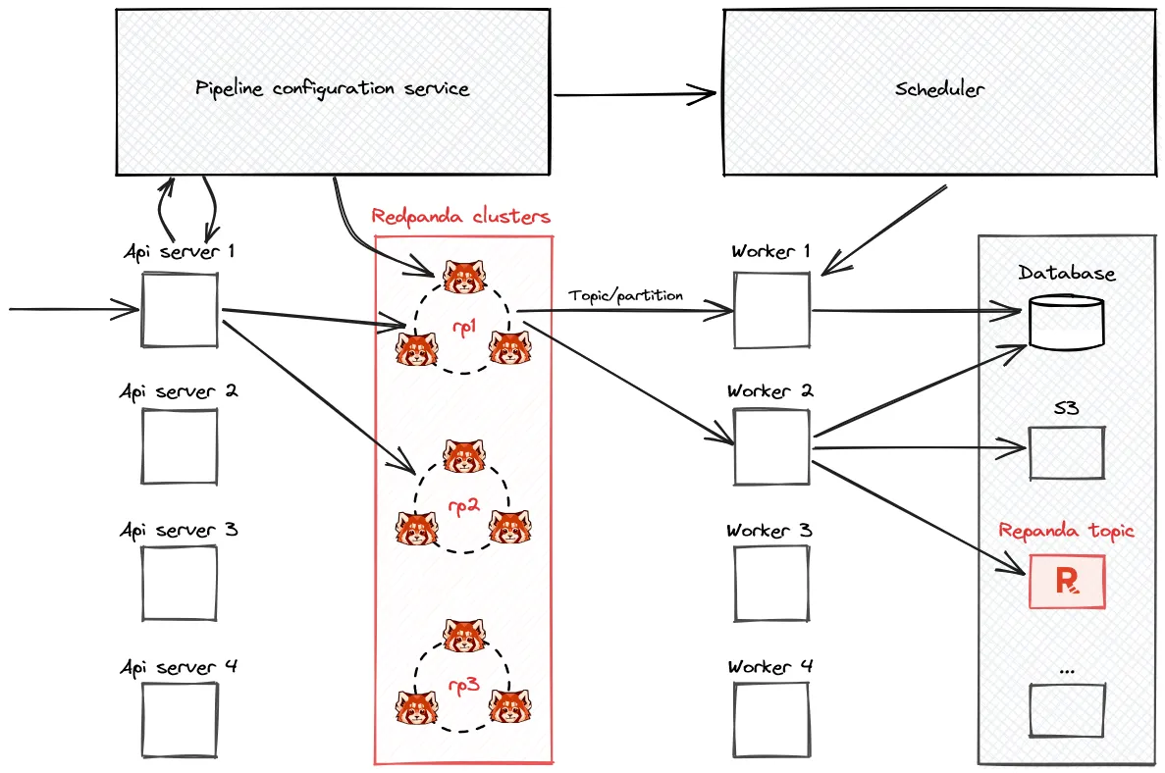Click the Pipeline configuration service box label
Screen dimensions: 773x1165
[x=332, y=88]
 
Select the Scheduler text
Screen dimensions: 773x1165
[x=939, y=89]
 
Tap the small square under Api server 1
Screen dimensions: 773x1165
[x=180, y=310]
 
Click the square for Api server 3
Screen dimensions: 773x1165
[x=180, y=583]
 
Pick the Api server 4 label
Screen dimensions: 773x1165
[x=179, y=667]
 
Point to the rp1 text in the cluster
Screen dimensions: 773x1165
[x=462, y=330]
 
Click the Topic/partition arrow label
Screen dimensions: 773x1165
[x=625, y=295]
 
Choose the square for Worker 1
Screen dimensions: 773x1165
[x=771, y=310]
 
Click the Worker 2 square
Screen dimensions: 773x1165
[x=771, y=446]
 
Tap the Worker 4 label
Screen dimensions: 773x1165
[x=770, y=667]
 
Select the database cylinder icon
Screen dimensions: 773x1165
[x=1066, y=322]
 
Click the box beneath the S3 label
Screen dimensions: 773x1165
[x=1067, y=452]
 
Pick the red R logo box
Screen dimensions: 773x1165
[x=1067, y=581]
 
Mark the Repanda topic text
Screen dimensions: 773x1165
[x=1066, y=531]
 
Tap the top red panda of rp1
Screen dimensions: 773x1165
[x=462, y=278]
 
